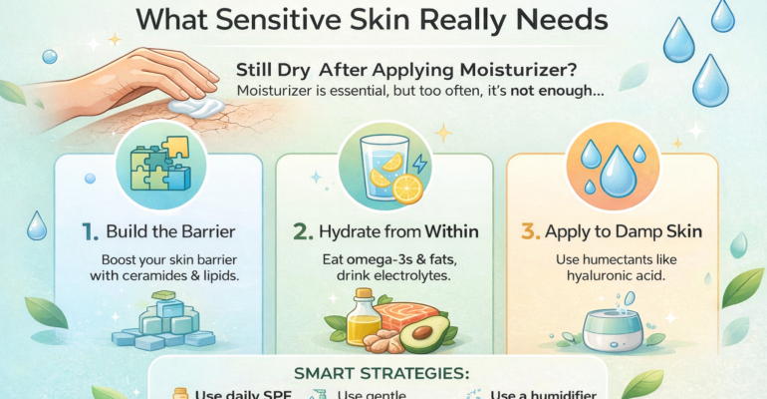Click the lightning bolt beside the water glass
click(422, 163)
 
